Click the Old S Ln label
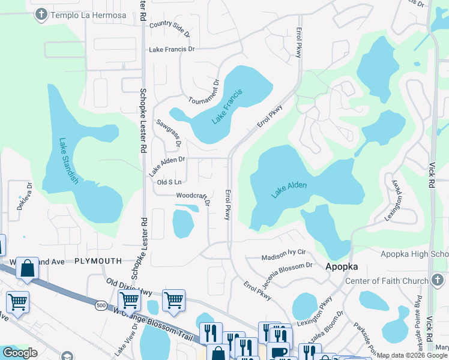click(x=169, y=182)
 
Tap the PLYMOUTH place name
click(x=98, y=261)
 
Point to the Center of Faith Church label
click(x=387, y=281)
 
